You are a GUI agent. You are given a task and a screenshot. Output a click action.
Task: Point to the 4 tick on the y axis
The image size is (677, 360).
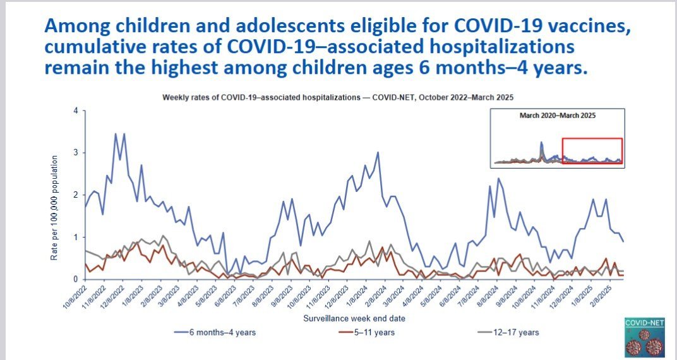(x=75, y=111)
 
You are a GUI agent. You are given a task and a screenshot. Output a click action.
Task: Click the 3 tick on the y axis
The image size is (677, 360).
(x=75, y=153)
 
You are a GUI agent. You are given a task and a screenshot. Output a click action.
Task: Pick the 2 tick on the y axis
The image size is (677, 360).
(x=75, y=195)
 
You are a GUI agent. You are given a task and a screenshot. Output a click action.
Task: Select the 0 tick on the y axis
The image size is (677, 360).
(x=75, y=279)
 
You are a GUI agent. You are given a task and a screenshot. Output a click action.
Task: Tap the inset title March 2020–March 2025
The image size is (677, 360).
(x=558, y=116)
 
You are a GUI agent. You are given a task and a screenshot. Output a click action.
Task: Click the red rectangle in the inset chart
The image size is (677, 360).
(x=592, y=151)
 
